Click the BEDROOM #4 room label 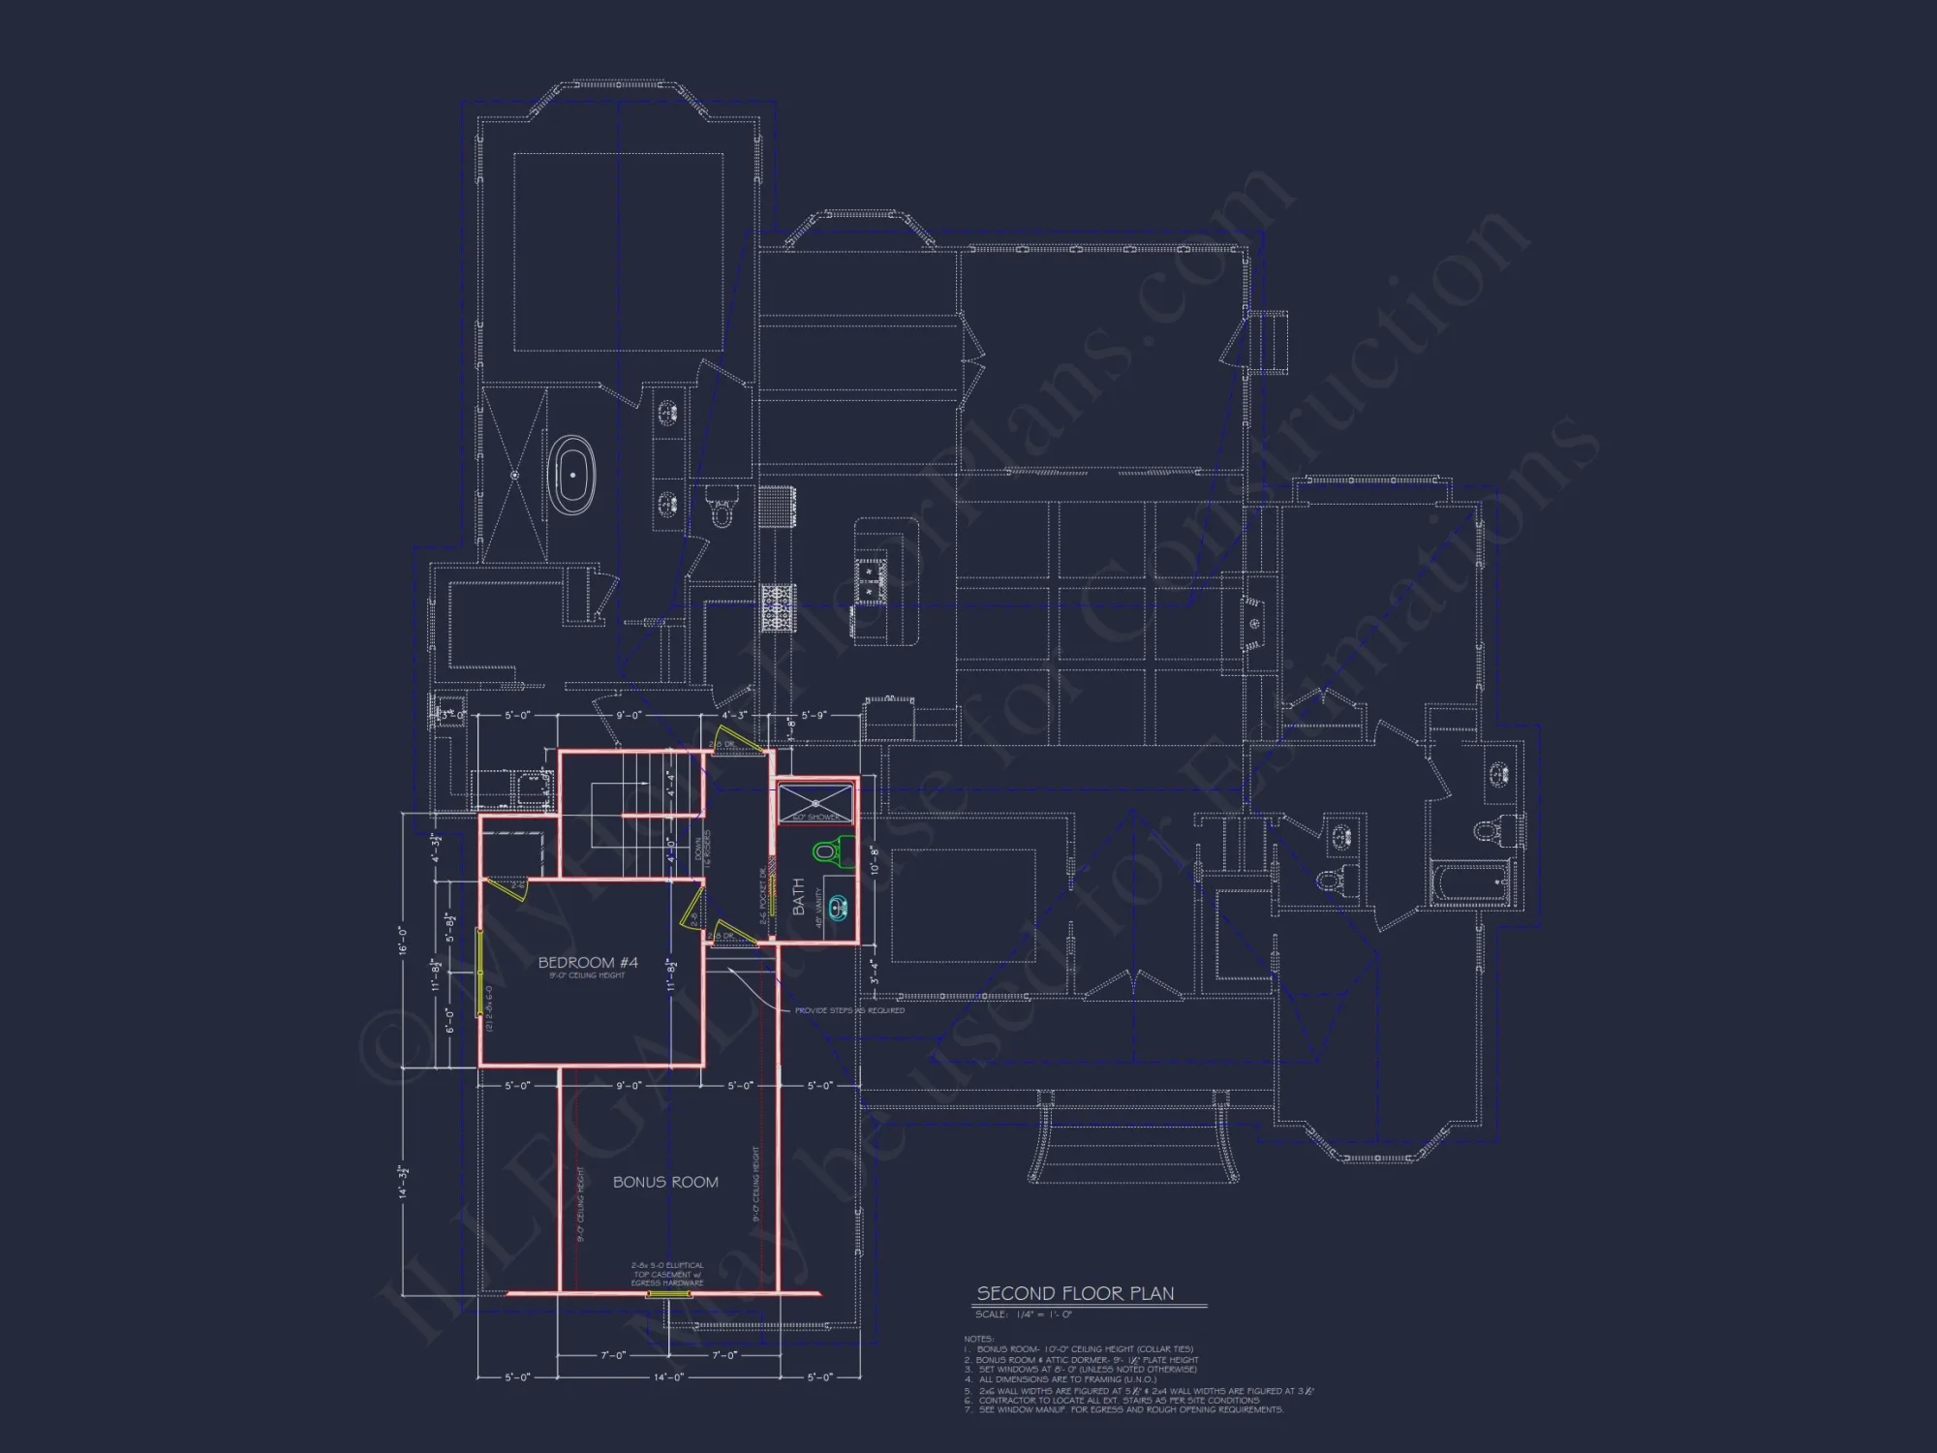coord(588,962)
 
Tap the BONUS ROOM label coord(665,1182)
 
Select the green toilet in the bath coord(825,851)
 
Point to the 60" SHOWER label coord(816,818)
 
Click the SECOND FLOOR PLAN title coord(1075,1293)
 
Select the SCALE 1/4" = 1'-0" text coord(1024,1314)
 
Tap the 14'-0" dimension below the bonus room coord(668,1376)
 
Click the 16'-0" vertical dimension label coord(403,941)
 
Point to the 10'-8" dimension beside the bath coord(874,861)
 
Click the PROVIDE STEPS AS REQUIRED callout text coord(849,1010)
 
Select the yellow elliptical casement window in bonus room coord(666,1294)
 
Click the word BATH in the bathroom coord(799,897)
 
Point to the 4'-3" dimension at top coord(735,716)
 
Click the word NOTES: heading coord(979,1339)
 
